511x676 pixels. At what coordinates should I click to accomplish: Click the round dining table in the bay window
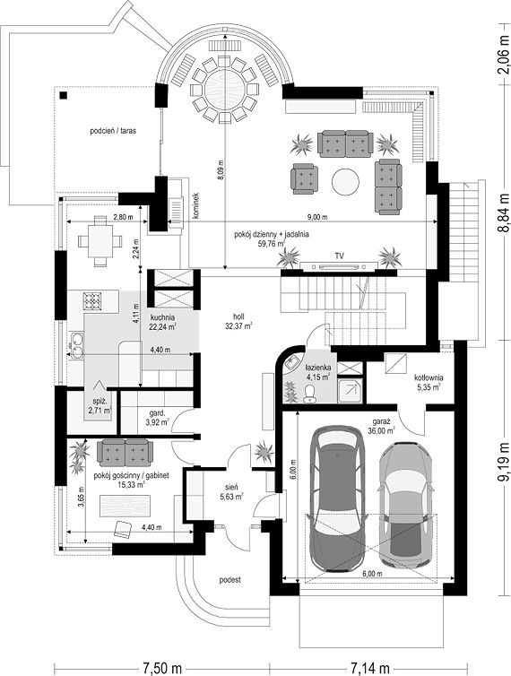[x=225, y=90]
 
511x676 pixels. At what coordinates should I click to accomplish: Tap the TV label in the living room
[x=340, y=256]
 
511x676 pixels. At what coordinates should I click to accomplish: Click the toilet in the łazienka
[x=308, y=394]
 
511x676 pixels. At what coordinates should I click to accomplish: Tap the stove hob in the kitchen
[x=92, y=301]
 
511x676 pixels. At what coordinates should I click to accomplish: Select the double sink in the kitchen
[x=77, y=346]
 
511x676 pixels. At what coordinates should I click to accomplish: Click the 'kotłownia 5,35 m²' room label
[x=429, y=382]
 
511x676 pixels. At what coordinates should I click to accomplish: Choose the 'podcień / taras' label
[x=113, y=131]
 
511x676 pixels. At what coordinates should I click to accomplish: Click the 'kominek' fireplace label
[x=195, y=206]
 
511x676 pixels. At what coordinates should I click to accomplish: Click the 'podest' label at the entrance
[x=230, y=580]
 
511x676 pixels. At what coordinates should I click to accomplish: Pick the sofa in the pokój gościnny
[x=125, y=453]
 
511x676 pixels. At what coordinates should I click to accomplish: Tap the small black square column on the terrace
[x=64, y=96]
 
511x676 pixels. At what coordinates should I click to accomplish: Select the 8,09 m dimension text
[x=221, y=169]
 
